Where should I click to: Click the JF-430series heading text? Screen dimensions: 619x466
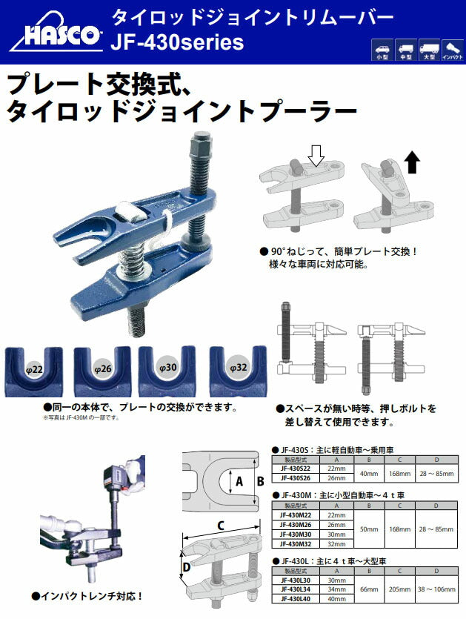(176, 43)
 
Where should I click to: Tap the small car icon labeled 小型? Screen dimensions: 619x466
(383, 50)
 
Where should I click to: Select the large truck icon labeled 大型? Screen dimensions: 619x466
(429, 50)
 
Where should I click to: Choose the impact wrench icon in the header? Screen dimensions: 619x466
(453, 50)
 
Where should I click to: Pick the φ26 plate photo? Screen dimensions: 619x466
(103, 370)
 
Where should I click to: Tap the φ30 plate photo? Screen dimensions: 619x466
(168, 370)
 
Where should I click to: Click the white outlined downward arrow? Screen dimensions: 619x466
(316, 155)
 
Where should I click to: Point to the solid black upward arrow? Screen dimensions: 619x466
(413, 159)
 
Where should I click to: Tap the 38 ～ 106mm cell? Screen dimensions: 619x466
(436, 589)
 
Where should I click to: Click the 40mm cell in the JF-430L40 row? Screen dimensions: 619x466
(336, 598)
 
